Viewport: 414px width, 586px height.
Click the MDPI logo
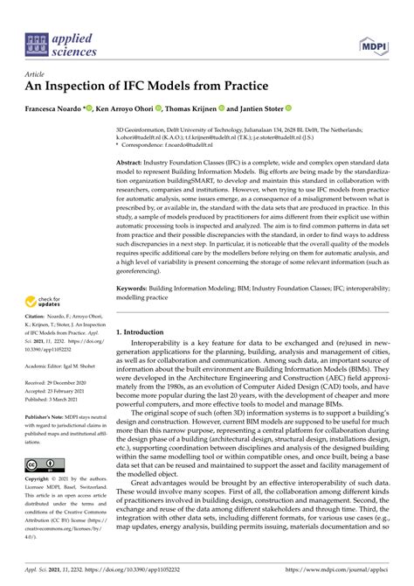(x=373, y=43)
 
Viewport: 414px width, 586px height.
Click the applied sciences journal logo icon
(x=38, y=43)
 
